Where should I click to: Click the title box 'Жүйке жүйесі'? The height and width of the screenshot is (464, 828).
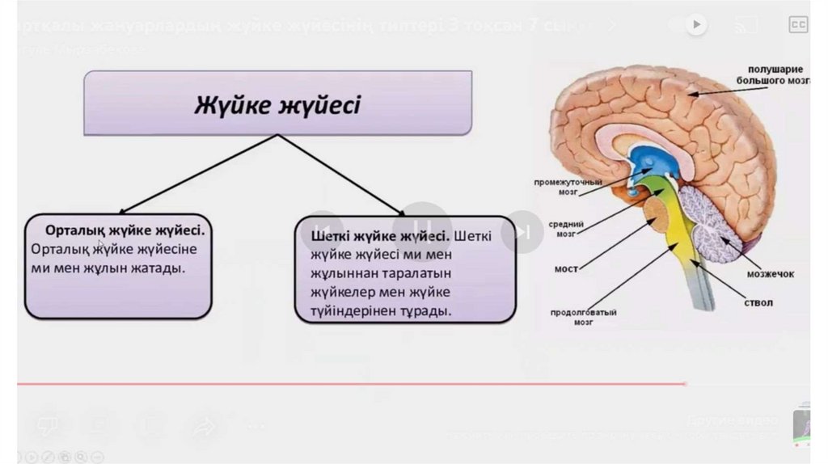(x=277, y=103)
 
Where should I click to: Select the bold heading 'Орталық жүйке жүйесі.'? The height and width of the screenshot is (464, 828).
(x=125, y=230)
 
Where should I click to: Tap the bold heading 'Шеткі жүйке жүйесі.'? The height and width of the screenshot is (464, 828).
(x=379, y=237)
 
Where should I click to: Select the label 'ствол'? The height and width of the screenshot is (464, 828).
(x=758, y=303)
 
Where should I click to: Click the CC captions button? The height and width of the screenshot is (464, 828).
(x=798, y=25)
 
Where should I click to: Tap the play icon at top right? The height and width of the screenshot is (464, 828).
(x=696, y=25)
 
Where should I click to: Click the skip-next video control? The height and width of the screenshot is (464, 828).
(x=522, y=233)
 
